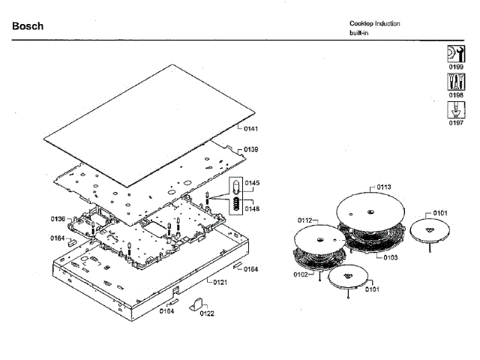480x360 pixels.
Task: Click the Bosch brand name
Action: point(28,26)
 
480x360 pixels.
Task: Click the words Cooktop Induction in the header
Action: point(374,23)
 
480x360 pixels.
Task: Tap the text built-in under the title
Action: point(357,33)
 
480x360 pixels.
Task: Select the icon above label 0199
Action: point(455,54)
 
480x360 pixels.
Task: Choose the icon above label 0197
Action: point(455,110)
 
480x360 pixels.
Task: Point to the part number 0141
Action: point(251,129)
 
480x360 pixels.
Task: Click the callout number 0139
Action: point(251,150)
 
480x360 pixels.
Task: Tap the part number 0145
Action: point(252,183)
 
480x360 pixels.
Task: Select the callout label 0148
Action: point(252,209)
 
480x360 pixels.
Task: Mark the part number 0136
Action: point(58,219)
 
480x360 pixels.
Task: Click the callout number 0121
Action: point(220,282)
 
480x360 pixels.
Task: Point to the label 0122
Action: point(207,314)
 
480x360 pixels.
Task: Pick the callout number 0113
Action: point(384,187)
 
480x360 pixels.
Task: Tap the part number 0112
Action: point(304,220)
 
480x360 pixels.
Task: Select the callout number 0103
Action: point(390,257)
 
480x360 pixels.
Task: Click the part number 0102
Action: point(300,274)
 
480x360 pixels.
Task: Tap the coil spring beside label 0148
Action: point(235,202)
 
